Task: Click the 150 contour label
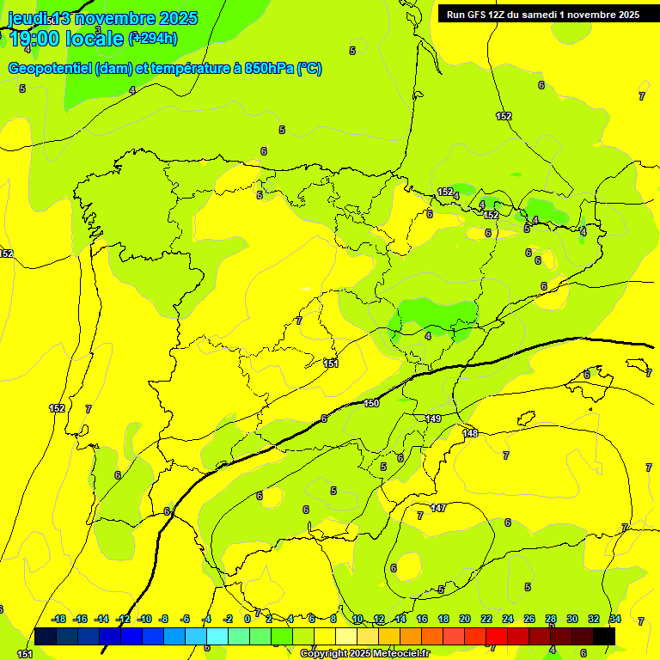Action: coord(371,403)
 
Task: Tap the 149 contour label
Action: coord(433,419)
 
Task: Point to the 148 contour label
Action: coord(470,433)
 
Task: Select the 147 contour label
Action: coord(438,508)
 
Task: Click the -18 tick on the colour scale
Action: coord(59,619)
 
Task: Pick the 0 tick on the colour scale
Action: coord(247,619)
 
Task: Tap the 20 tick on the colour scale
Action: coord(464,619)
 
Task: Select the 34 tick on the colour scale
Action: coord(615,619)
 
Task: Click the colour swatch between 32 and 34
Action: coord(604,636)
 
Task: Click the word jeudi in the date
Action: coord(25,18)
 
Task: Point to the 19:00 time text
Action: coord(34,39)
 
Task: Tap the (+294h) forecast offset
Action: coord(154,38)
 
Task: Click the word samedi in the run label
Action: coord(541,15)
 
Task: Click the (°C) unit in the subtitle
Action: coord(309,69)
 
